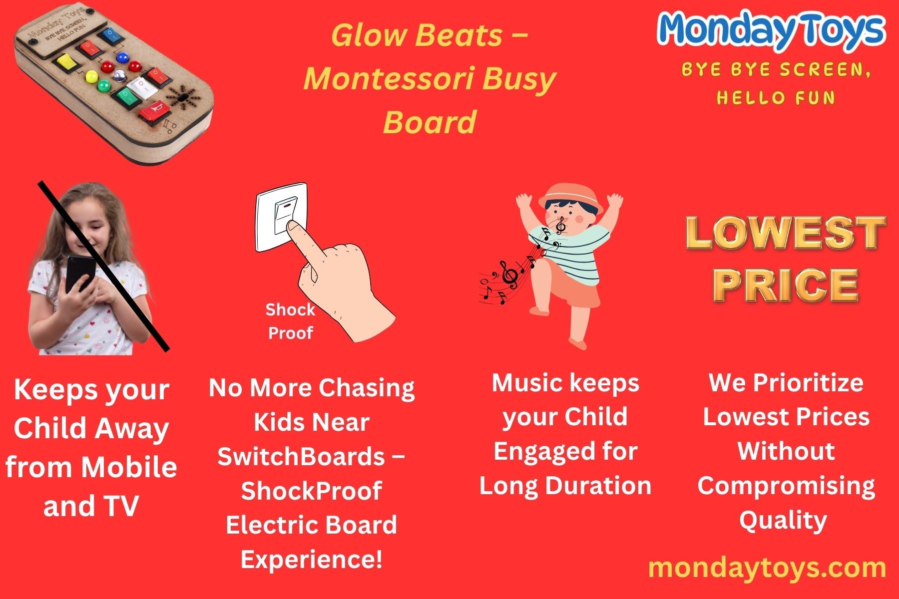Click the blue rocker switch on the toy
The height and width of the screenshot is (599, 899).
109,35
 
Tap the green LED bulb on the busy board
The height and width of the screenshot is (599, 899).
104,86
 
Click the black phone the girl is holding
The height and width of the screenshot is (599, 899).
80,274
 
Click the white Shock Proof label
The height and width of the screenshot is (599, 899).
290,321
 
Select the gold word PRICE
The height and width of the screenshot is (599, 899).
785,285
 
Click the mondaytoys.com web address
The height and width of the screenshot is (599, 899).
767,568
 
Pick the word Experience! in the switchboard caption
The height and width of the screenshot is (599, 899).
312,559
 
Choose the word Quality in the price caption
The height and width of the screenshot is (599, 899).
783,521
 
